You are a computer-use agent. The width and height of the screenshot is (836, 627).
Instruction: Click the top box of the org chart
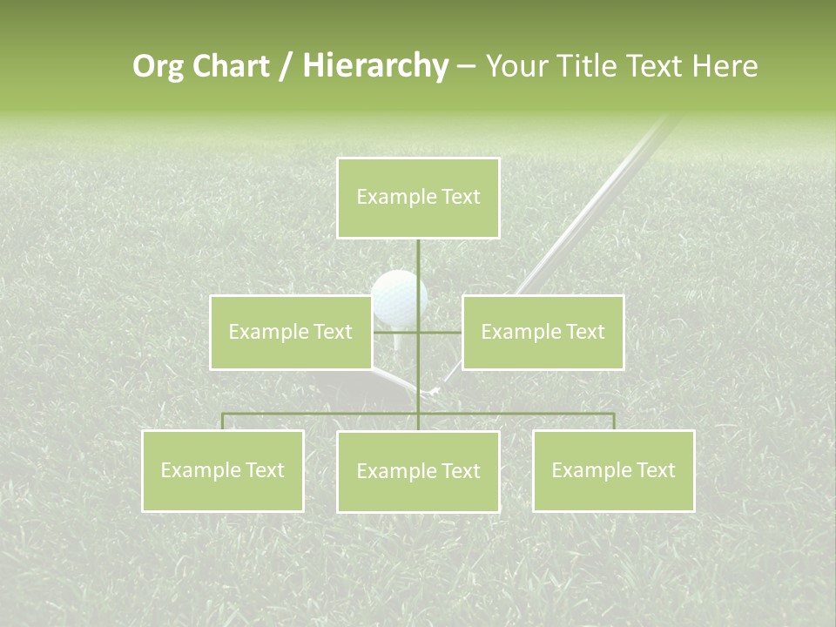pos(418,198)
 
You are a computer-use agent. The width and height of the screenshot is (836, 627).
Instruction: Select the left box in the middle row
pos(291,332)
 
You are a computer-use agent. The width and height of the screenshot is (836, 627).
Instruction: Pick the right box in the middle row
pos(543,332)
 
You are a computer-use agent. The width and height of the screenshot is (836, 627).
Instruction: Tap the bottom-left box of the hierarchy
pos(223,470)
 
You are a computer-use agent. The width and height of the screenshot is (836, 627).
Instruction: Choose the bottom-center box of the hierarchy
pos(418,471)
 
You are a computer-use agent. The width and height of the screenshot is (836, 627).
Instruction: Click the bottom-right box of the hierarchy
pos(613,470)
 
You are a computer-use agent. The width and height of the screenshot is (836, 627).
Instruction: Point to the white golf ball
pos(398,296)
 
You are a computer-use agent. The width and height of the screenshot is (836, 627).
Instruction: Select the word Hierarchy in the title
pos(375,66)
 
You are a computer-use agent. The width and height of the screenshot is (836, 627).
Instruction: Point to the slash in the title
pos(287,67)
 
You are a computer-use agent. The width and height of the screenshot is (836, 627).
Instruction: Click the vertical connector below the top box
pos(418,261)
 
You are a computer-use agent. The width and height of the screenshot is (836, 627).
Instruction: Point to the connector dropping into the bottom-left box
pos(223,421)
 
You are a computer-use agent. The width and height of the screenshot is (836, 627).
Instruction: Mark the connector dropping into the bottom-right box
pos(614,421)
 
